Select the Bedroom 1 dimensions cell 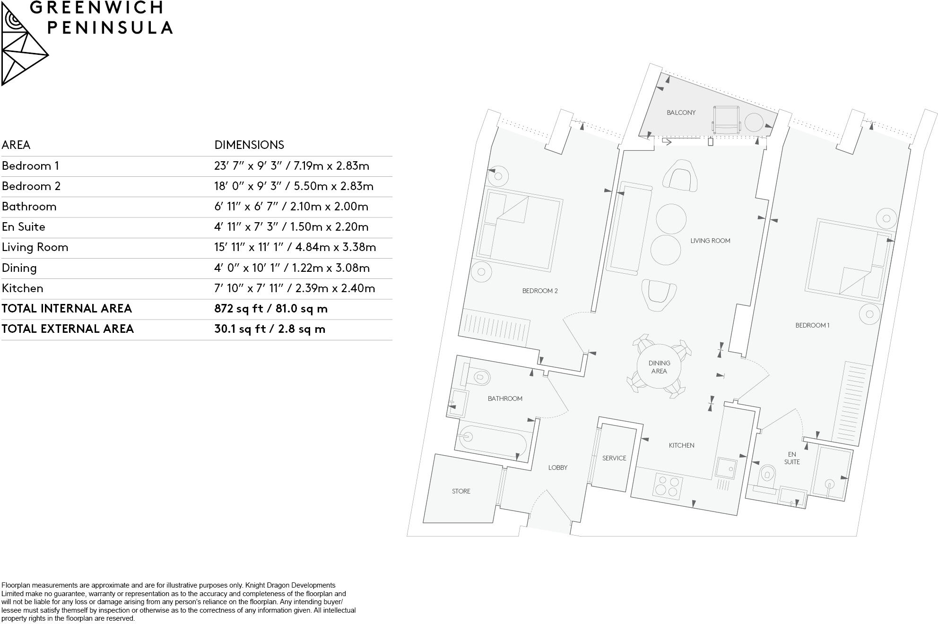(291, 166)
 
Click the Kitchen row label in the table (23, 288)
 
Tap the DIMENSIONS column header (249, 145)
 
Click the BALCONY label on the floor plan (681, 113)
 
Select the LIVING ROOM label (710, 241)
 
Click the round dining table (659, 367)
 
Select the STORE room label (461, 491)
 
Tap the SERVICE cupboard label (614, 458)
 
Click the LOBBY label (557, 468)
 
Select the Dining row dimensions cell (292, 268)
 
